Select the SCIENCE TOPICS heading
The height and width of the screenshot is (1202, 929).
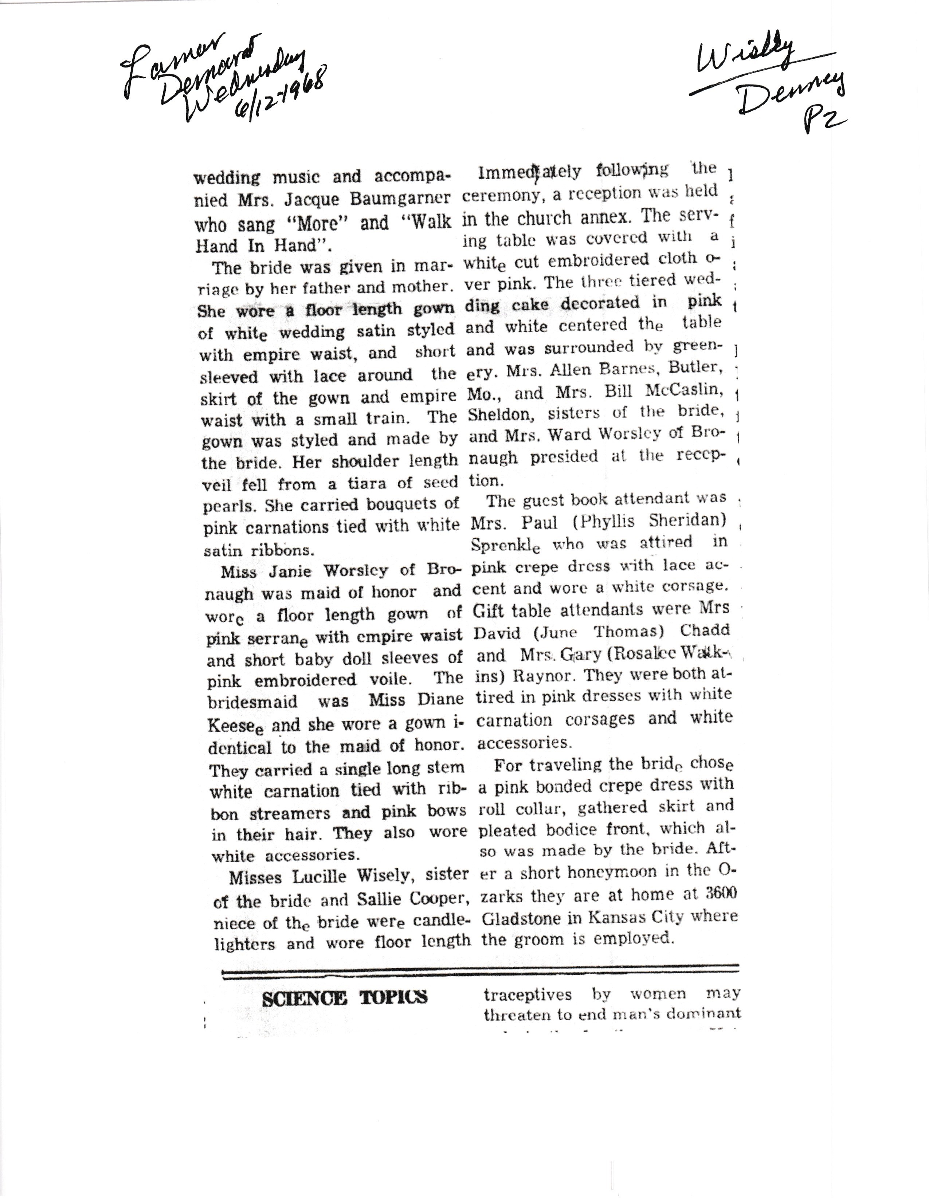tap(345, 998)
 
